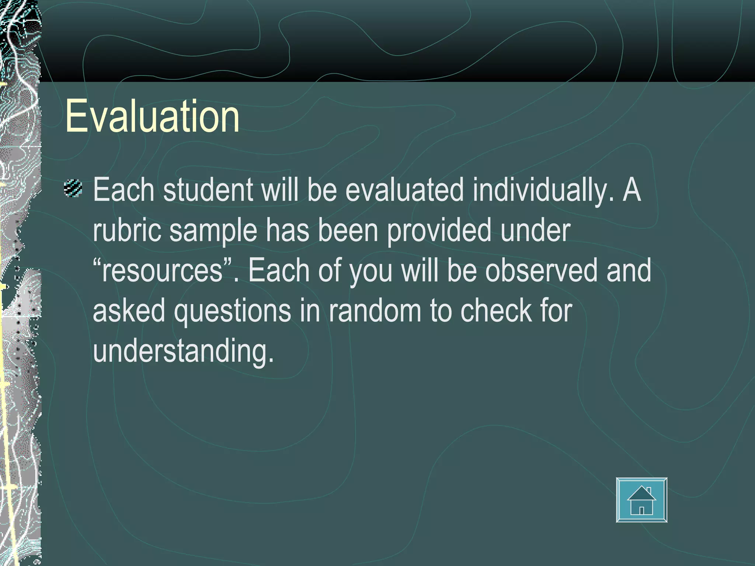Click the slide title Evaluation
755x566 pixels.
coord(152,116)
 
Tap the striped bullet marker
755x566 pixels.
coord(73,188)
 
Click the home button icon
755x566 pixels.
coord(641,500)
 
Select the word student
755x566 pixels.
coord(208,190)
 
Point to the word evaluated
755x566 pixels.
coord(404,190)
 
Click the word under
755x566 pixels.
coord(535,230)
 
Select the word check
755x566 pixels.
coord(496,310)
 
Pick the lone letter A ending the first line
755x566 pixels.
coord(632,190)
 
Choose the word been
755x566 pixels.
coord(348,230)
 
